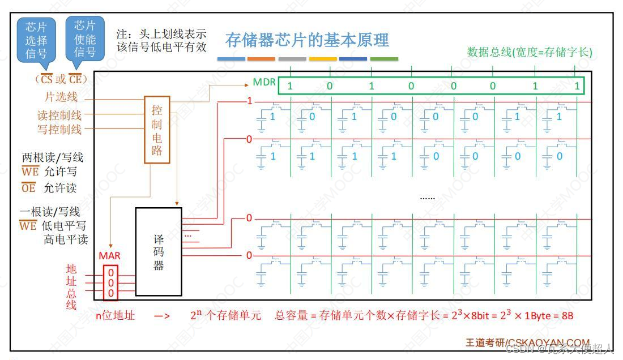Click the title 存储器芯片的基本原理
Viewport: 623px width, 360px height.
307,41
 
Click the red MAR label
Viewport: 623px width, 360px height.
110,256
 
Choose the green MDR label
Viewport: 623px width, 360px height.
264,82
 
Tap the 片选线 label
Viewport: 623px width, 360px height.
61,97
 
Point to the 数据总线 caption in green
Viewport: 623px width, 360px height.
530,53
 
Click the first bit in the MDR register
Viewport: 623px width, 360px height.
290,87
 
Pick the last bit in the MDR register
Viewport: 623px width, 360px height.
577,87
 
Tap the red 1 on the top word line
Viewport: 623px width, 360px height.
248,102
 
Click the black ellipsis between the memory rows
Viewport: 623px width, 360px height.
428,198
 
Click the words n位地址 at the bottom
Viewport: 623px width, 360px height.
116,316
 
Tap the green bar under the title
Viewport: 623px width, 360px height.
384,59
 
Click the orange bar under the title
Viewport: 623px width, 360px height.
261,59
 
